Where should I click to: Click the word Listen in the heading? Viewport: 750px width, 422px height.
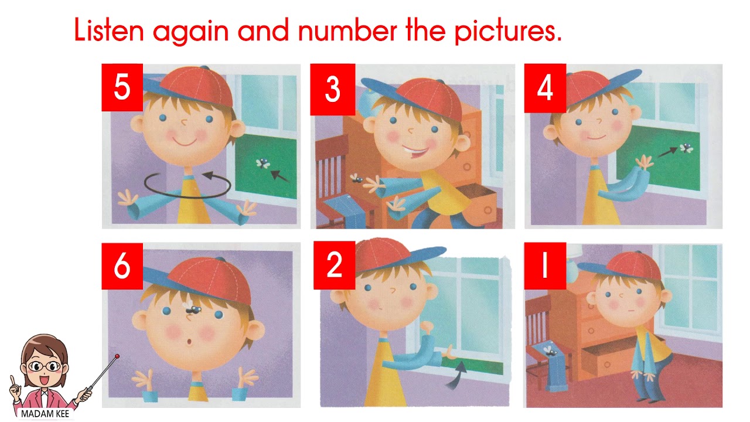click(x=109, y=29)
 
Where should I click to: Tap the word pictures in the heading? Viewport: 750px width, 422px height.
click(x=508, y=31)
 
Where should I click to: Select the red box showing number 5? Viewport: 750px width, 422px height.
click(x=122, y=87)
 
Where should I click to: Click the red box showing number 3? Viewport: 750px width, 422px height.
click(x=332, y=90)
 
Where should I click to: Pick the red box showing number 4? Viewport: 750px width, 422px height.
click(x=545, y=88)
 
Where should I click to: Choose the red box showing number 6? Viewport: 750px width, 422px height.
click(x=122, y=266)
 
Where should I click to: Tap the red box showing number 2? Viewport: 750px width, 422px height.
click(x=334, y=265)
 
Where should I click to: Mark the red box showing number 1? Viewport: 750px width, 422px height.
click(x=545, y=266)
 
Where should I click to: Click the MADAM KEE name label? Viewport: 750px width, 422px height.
click(x=45, y=414)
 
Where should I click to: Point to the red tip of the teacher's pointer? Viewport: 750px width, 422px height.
click(x=117, y=356)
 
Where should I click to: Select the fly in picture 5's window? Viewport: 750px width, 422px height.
click(x=263, y=164)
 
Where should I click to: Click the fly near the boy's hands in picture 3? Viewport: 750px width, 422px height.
click(x=356, y=178)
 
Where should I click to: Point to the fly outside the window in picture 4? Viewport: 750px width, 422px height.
click(x=686, y=148)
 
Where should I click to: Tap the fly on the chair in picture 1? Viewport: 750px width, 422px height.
click(x=550, y=351)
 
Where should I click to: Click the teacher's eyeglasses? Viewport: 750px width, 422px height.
click(x=45, y=366)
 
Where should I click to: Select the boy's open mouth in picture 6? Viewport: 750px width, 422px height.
click(x=189, y=342)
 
